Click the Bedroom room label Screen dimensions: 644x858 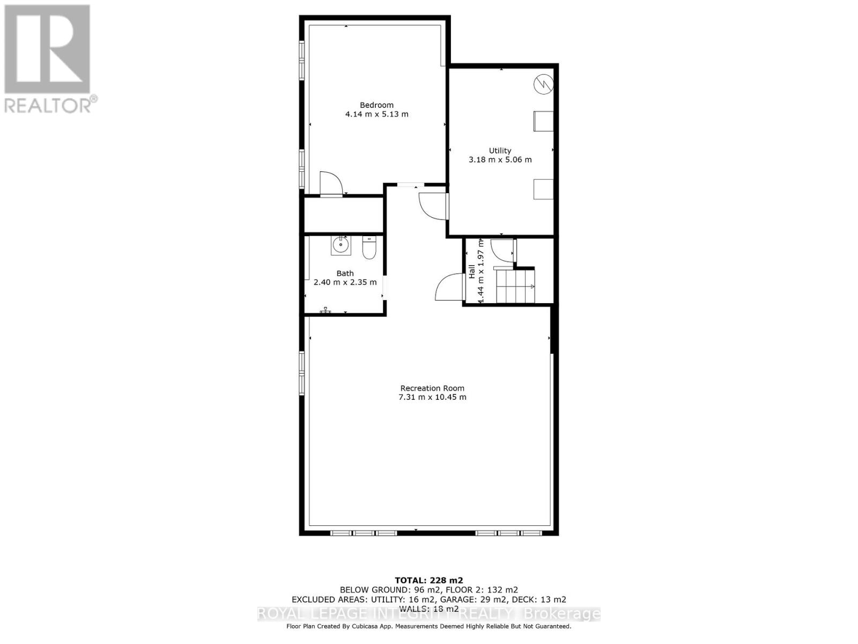coord(376,105)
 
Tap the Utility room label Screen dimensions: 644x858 coord(500,151)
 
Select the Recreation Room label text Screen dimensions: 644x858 coord(432,388)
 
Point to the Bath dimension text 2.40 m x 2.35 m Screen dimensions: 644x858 coord(345,282)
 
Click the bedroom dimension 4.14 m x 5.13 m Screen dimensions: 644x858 coord(376,114)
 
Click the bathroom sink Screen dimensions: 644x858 coord(340,246)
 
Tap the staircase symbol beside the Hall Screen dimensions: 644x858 coord(515,286)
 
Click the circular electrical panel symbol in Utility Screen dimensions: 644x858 coord(543,84)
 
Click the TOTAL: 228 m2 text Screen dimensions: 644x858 coord(428,580)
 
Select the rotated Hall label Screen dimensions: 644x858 coord(472,271)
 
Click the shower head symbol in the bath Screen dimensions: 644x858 coord(326,310)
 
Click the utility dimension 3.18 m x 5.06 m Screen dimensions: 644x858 coord(500,160)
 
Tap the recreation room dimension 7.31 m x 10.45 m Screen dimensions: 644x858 coord(432,397)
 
